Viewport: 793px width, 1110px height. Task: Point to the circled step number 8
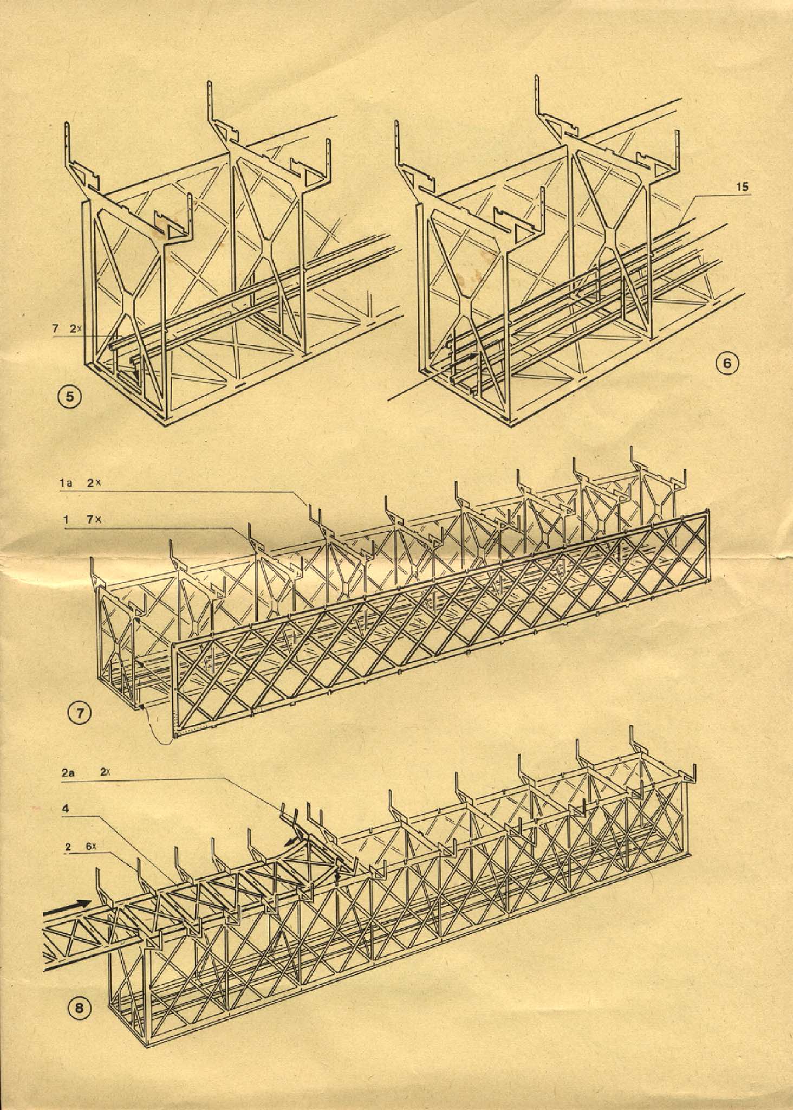(79, 1008)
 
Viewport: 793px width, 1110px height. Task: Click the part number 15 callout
(743, 187)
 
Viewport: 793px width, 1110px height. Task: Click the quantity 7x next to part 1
(96, 520)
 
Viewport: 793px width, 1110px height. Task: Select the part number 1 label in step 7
(66, 520)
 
